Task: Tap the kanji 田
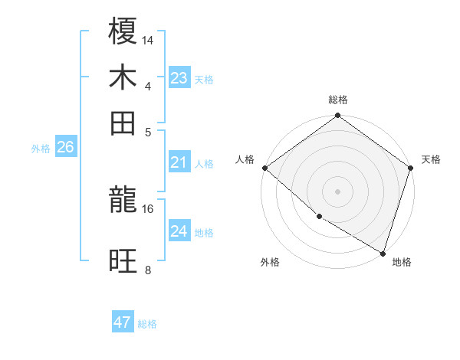pyautogui.click(x=123, y=123)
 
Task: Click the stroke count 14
pyautogui.click(x=148, y=40)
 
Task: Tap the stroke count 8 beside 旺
pyautogui.click(x=148, y=270)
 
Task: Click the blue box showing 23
pyautogui.click(x=179, y=77)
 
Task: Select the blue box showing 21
pyautogui.click(x=179, y=162)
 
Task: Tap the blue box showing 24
pyautogui.click(x=179, y=231)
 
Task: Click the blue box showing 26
pyautogui.click(x=66, y=148)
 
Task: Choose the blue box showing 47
pyautogui.click(x=123, y=322)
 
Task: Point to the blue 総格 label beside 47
pyautogui.click(x=147, y=324)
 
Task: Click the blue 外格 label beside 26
pyautogui.click(x=41, y=149)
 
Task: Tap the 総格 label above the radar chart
pyautogui.click(x=338, y=100)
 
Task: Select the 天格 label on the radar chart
pyautogui.click(x=431, y=159)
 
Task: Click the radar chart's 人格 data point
pyautogui.click(x=264, y=168)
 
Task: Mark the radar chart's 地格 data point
pyautogui.click(x=383, y=253)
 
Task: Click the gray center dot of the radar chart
pyautogui.click(x=338, y=191)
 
